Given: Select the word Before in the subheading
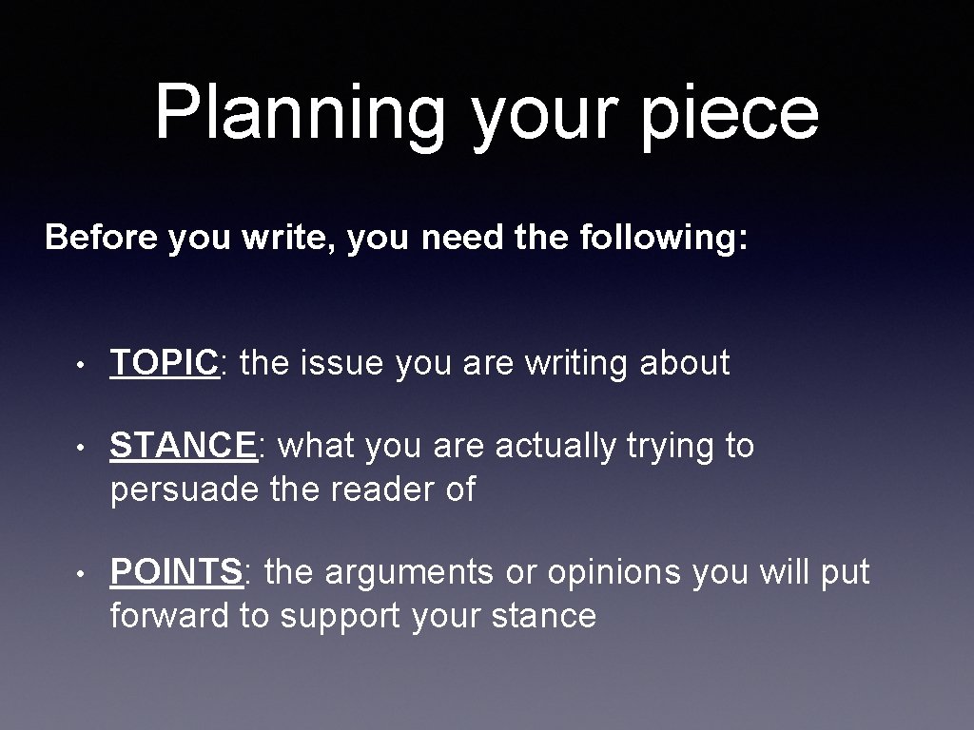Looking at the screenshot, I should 101,237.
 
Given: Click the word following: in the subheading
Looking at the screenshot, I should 662,237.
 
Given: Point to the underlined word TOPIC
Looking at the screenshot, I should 165,363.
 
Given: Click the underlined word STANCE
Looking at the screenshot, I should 184,446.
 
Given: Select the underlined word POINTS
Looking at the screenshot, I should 176,573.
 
